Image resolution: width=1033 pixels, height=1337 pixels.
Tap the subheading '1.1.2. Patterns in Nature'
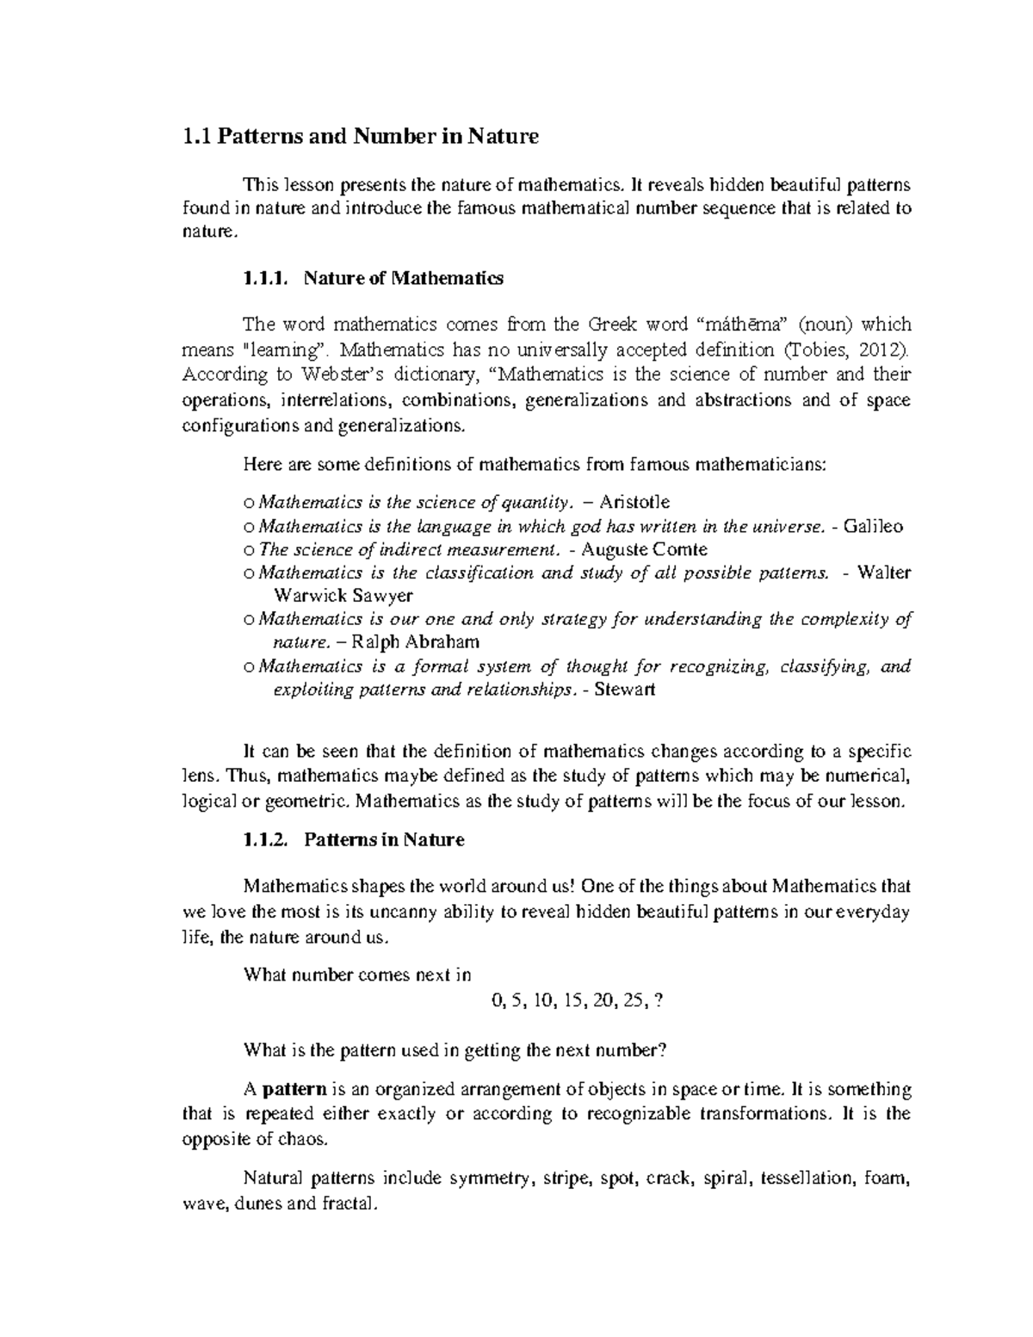(354, 840)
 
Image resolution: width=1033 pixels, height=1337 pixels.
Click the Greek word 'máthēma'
(739, 325)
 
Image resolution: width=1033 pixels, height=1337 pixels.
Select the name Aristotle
(634, 502)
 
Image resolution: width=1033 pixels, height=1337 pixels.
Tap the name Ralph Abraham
(417, 642)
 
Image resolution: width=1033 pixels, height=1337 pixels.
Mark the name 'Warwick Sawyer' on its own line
(343, 596)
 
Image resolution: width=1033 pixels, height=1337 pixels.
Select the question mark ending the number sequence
(659, 1001)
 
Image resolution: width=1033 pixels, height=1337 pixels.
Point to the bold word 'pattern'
(294, 1090)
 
